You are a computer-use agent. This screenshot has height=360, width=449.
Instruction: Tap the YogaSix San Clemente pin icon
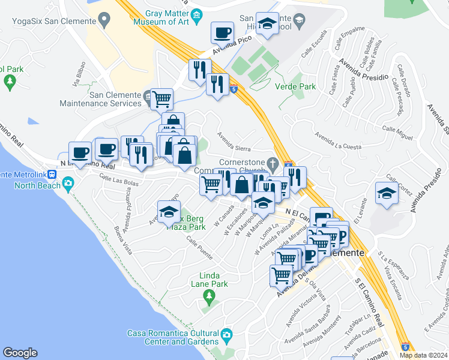click(106, 20)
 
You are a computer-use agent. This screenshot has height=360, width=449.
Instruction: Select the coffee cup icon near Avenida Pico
click(222, 32)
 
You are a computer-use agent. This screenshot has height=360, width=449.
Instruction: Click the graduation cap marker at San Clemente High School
click(267, 23)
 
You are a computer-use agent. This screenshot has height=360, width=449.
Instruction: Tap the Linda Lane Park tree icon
click(209, 295)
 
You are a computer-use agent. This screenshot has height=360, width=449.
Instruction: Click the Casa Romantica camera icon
click(226, 334)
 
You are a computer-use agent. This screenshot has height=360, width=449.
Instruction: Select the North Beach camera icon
click(68, 183)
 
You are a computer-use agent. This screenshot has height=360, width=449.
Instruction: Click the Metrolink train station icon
click(53, 175)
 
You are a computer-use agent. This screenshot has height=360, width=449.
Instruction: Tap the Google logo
click(20, 353)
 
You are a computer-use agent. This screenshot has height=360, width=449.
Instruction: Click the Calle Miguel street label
click(397, 133)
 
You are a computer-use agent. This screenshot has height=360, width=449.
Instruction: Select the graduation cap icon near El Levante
click(386, 193)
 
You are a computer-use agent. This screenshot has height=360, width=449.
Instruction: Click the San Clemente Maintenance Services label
click(115, 99)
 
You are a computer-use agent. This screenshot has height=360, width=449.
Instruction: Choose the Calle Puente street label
click(200, 248)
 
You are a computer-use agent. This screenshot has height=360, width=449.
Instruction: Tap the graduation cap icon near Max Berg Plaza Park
click(169, 211)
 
